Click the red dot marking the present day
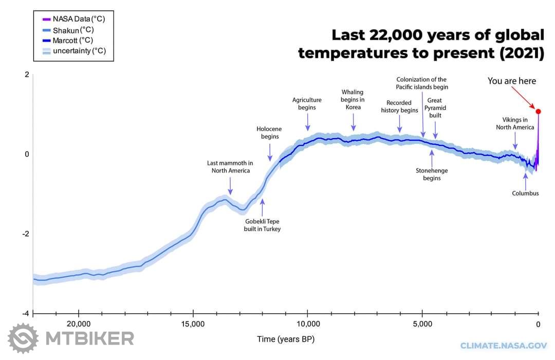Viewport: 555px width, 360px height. [x=539, y=111]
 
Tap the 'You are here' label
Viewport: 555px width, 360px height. [x=511, y=81]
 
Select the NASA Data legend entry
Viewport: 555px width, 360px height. [x=73, y=19]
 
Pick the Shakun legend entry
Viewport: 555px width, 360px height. [x=68, y=30]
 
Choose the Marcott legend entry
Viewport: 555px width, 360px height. [x=68, y=41]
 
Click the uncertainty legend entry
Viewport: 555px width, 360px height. [x=74, y=51]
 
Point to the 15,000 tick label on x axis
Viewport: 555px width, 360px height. [x=193, y=324]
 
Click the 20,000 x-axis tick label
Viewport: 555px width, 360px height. [x=79, y=324]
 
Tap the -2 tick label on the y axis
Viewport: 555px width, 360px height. [x=26, y=234]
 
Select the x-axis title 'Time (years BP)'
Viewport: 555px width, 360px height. [x=286, y=339]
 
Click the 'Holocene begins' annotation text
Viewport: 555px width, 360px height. [x=269, y=132]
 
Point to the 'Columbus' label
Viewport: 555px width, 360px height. [x=525, y=193]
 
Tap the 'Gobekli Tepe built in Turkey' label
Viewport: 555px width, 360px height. [x=262, y=225]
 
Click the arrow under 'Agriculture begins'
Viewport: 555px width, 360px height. [x=308, y=122]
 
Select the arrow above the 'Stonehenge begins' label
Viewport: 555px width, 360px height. [x=432, y=158]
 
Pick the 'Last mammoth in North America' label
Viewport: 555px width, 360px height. [x=230, y=166]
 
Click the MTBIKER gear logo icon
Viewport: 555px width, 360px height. [x=23, y=338]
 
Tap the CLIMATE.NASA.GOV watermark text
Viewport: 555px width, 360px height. [x=503, y=346]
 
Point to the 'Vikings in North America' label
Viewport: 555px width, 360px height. [x=515, y=123]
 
